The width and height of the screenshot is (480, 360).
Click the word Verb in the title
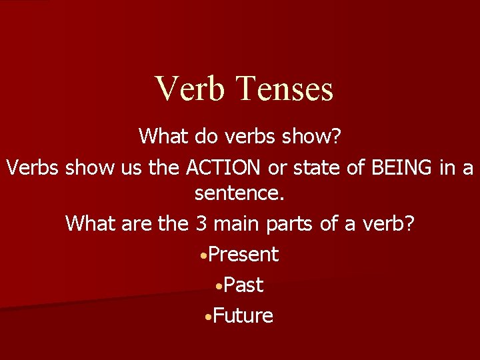(x=190, y=89)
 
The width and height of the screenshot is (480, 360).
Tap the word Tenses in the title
(x=285, y=89)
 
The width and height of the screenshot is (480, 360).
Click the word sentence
(x=239, y=195)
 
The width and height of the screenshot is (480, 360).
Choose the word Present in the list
(x=243, y=254)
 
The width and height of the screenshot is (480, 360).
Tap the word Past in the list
(x=243, y=285)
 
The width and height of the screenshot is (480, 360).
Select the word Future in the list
(x=243, y=315)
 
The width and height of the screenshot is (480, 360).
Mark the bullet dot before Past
(x=219, y=286)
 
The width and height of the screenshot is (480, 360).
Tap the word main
(x=236, y=223)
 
